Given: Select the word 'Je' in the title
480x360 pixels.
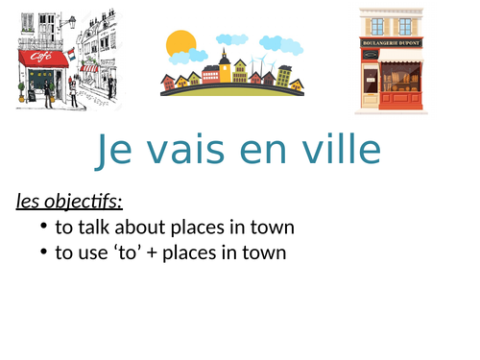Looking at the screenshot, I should click(x=116, y=151).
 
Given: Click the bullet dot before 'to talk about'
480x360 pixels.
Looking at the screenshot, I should click(x=45, y=228).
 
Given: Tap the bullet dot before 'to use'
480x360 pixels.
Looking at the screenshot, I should click(x=45, y=252).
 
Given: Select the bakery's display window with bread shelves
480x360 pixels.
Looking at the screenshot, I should click(x=401, y=76).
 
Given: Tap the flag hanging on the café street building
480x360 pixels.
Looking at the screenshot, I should click(x=70, y=50).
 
